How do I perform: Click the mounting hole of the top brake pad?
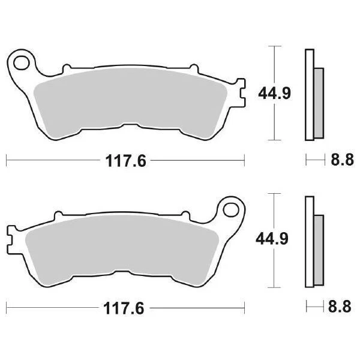(23, 61)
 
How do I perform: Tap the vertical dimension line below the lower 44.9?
(274, 270)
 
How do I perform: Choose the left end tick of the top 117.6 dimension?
(6, 160)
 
